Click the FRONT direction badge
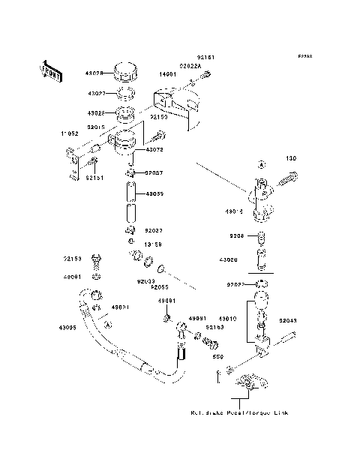pos(51,70)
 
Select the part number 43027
pos(96,94)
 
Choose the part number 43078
pos(155,149)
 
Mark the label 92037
pos(154,173)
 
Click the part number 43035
pos(154,194)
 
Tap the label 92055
pos(158,286)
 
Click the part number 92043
pos(288,319)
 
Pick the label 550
pos(220,357)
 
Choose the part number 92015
pos(96,128)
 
